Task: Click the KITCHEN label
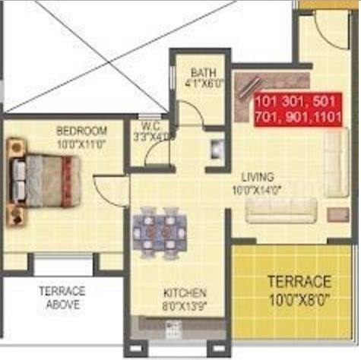tap(184, 292)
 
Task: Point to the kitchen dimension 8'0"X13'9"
tap(183, 305)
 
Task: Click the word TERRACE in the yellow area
tap(299, 281)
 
